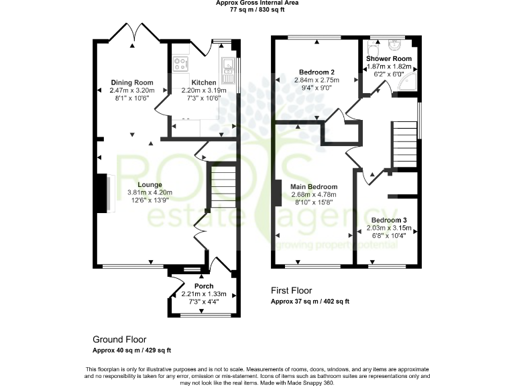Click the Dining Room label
(x=132, y=82)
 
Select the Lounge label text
(x=150, y=184)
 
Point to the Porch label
(x=204, y=286)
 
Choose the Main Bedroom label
(x=314, y=187)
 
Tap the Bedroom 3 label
(x=389, y=220)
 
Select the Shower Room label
(x=388, y=58)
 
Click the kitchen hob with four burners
(x=181, y=64)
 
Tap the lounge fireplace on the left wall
(x=105, y=193)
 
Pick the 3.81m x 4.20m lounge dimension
(x=150, y=192)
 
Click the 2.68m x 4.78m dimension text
(x=314, y=195)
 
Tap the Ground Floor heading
(x=119, y=340)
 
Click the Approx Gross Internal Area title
(x=257, y=3)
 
